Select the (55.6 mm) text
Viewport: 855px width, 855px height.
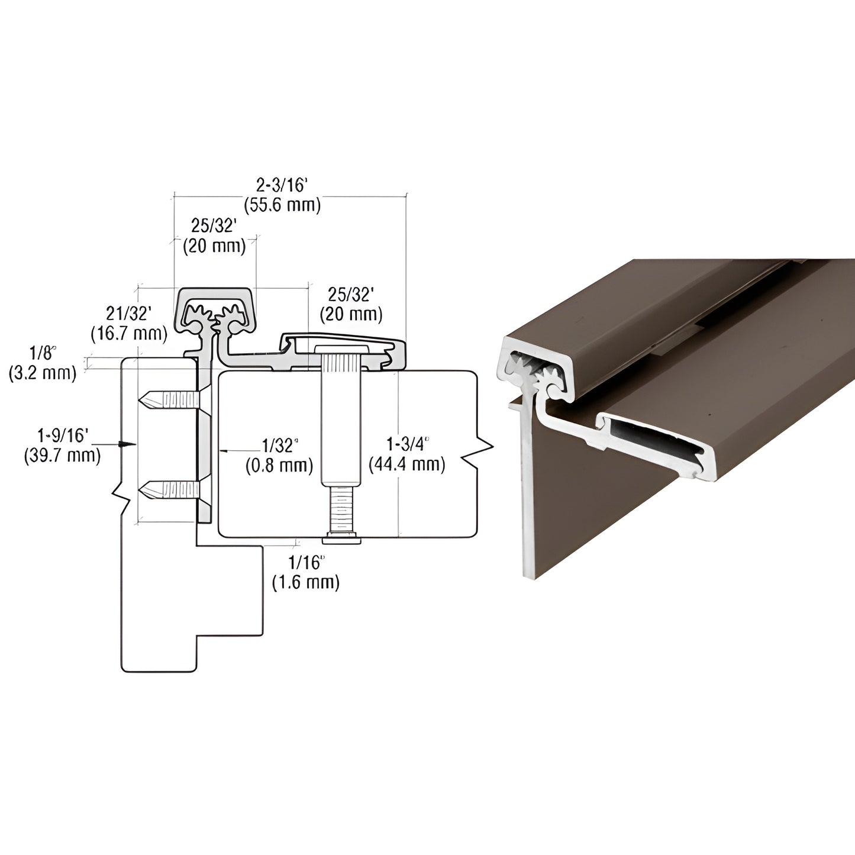pos(282,205)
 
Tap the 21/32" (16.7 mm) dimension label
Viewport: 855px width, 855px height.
pos(129,325)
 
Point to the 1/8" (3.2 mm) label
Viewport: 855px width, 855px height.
pos(43,364)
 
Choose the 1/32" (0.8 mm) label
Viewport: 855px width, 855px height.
pos(279,455)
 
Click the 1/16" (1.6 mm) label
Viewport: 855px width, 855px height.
pos(306,573)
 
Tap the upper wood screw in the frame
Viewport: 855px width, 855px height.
pos(169,401)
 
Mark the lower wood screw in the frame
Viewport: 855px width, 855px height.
pos(169,490)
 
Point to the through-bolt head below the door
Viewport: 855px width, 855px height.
pos(341,538)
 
